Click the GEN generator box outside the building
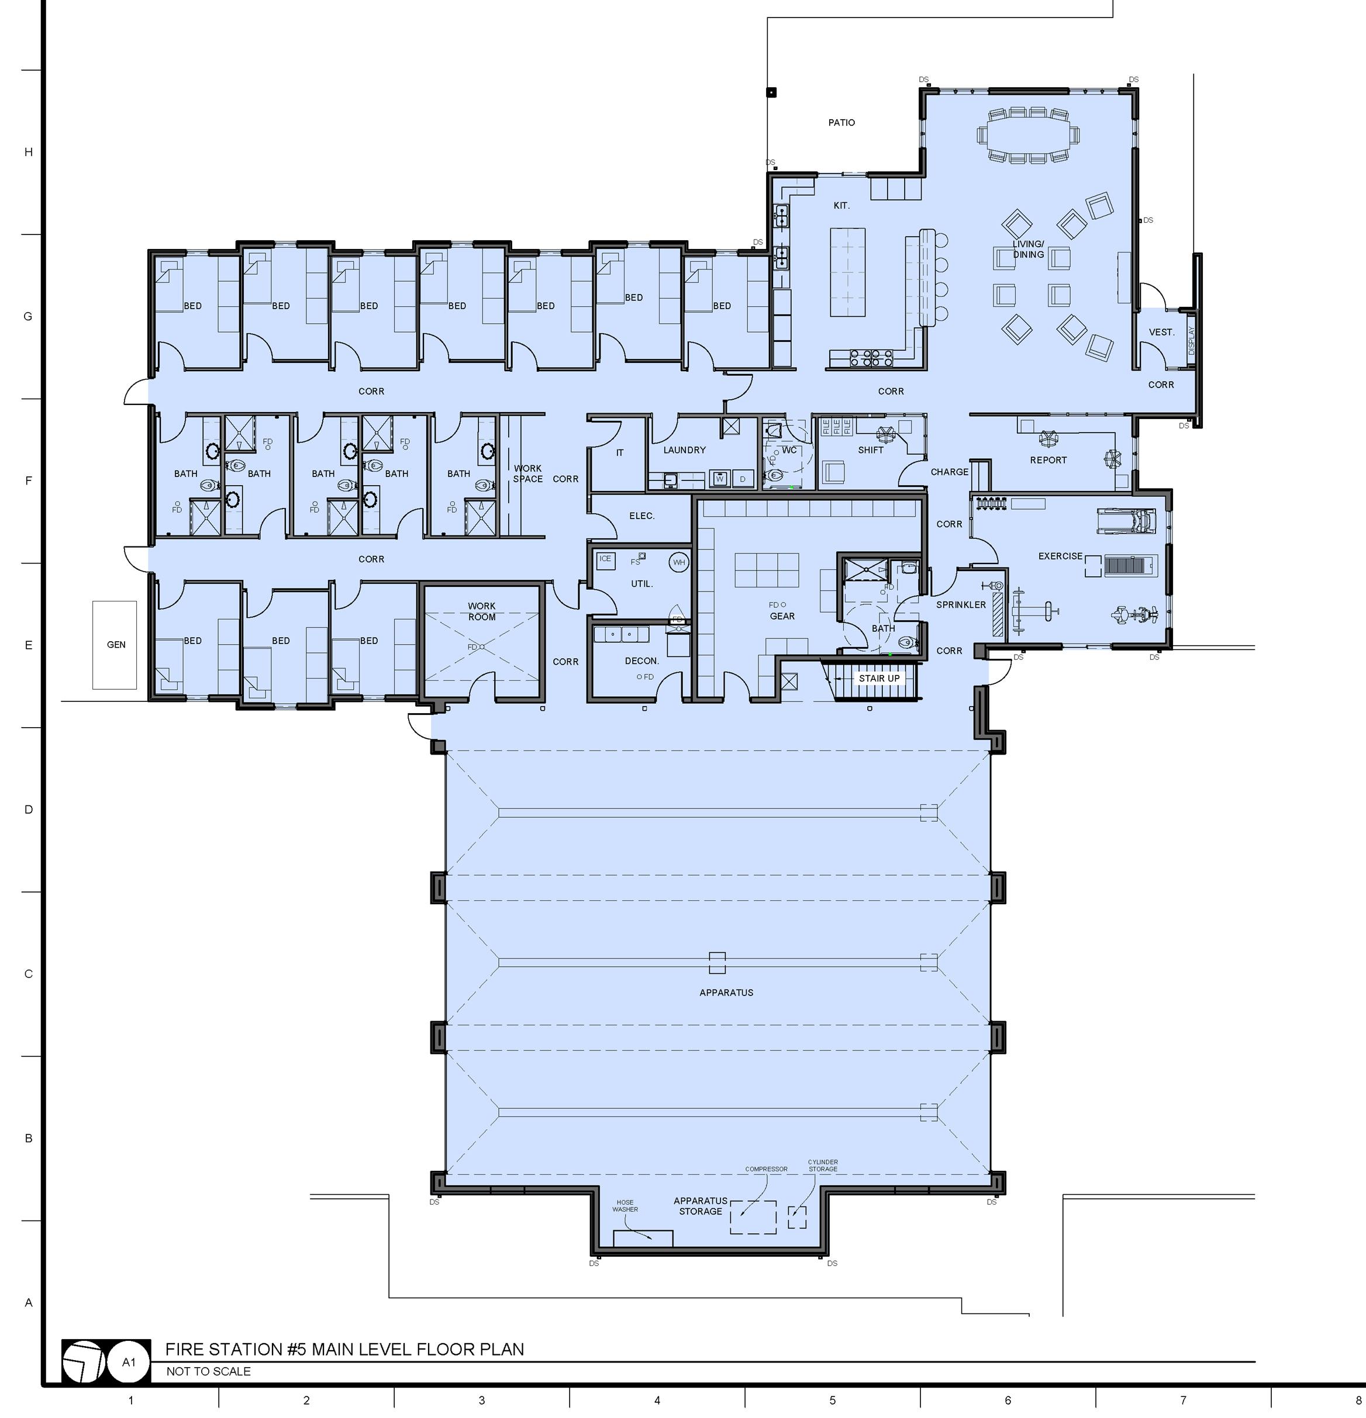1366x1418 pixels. click(115, 644)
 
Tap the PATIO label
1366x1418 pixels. click(841, 122)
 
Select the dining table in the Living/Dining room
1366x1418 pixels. click(1028, 134)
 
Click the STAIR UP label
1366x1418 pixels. click(879, 678)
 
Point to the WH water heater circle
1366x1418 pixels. click(679, 562)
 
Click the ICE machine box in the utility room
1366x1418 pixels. click(605, 559)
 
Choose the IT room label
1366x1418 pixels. click(620, 453)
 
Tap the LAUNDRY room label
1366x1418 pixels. click(684, 450)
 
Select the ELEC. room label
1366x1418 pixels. click(641, 516)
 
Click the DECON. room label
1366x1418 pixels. click(641, 660)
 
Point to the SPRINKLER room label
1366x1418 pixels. click(961, 604)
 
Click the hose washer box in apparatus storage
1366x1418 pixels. click(643, 1238)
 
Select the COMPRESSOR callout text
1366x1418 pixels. click(766, 1168)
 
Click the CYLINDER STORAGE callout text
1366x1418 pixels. click(822, 1165)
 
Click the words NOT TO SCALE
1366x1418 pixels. click(209, 1371)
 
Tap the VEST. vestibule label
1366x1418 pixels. click(1161, 332)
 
